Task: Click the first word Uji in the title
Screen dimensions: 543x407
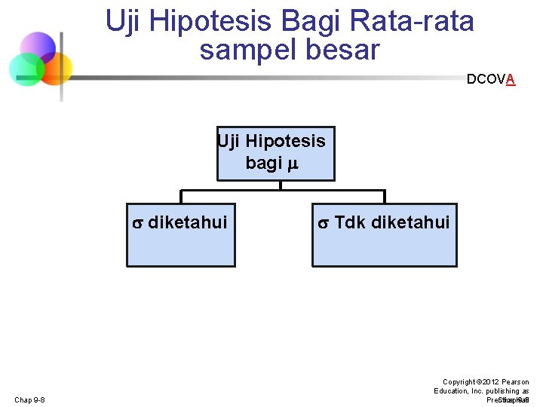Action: pyautogui.click(x=122, y=22)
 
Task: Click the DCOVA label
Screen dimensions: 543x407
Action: pyautogui.click(x=491, y=79)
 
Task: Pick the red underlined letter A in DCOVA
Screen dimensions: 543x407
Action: pyautogui.click(x=511, y=79)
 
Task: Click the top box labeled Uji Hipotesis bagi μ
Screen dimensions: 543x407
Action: pyautogui.click(x=275, y=154)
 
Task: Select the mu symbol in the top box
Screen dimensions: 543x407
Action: pyautogui.click(x=293, y=164)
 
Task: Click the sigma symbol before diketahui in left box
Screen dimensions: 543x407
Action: pyautogui.click(x=137, y=222)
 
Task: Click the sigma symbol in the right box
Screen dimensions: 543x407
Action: pyautogui.click(x=322, y=222)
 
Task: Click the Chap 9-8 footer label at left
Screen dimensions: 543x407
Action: pyautogui.click(x=29, y=399)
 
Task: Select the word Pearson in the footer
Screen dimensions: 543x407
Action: pyautogui.click(x=514, y=382)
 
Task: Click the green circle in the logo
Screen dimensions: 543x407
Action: pyautogui.click(x=26, y=69)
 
